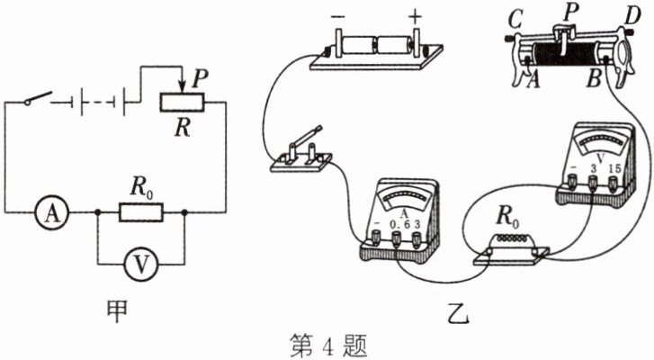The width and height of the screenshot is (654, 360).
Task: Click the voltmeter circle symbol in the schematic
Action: [139, 263]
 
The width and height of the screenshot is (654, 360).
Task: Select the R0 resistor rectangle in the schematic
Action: [141, 212]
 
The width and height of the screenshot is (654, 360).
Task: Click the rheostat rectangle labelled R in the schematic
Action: [186, 101]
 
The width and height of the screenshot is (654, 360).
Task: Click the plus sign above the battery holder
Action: [415, 16]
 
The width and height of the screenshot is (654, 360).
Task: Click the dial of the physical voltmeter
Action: [602, 144]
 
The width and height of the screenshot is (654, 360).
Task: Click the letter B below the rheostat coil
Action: [593, 79]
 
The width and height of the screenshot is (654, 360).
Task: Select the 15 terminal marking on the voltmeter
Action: [614, 169]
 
